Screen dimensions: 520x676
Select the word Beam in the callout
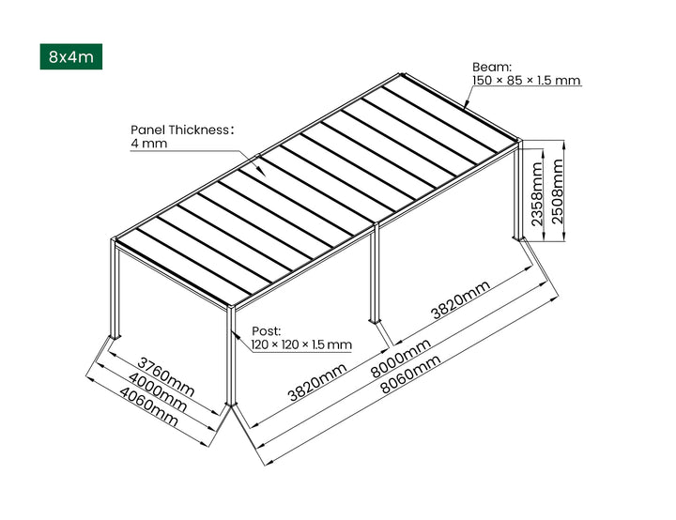489,68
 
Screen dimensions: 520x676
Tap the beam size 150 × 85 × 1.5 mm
526,81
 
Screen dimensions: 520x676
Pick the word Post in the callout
268,331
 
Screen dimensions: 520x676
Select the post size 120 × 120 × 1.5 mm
300,345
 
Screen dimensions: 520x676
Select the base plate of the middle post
376,325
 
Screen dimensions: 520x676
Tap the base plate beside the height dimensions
518,240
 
